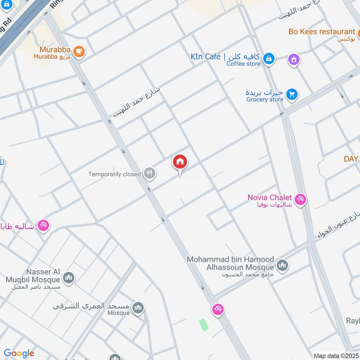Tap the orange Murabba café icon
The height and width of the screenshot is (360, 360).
pyautogui.click(x=79, y=52)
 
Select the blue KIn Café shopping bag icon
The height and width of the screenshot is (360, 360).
pyautogui.click(x=269, y=59)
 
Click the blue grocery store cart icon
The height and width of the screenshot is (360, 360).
pyautogui.click(x=292, y=94)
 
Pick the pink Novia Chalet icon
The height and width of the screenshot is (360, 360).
pyautogui.click(x=300, y=199)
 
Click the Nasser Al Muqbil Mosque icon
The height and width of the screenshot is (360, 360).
pyautogui.click(x=68, y=278)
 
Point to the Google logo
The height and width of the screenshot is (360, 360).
pyautogui.click(x=19, y=353)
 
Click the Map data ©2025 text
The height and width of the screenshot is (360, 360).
pyautogui.click(x=335, y=355)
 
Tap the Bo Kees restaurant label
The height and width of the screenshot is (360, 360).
pyautogui.click(x=322, y=32)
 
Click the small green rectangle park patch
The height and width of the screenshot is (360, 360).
pyautogui.click(x=204, y=324)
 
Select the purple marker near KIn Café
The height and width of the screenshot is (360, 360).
pyautogui.click(x=294, y=59)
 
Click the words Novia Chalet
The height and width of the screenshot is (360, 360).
pyautogui.click(x=270, y=198)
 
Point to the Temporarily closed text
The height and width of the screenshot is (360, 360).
pyautogui.click(x=115, y=174)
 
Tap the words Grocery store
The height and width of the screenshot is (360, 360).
pyautogui.click(x=265, y=99)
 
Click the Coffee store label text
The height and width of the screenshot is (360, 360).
pyautogui.click(x=243, y=64)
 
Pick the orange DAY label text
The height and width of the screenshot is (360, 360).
pyautogui.click(x=351, y=159)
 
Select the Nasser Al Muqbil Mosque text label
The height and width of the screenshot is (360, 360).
pyautogui.click(x=31, y=276)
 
